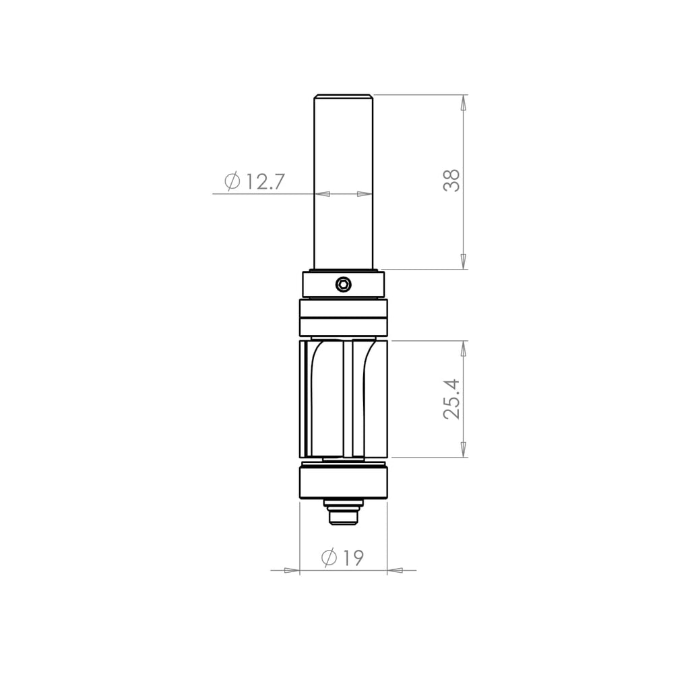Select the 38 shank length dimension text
point(451,181)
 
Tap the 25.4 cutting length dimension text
point(451,399)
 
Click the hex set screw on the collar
point(343,284)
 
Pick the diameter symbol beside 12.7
point(232,181)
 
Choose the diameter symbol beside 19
point(330,558)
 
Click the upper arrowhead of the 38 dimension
point(463,103)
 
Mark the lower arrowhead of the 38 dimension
point(463,261)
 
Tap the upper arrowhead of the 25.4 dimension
point(463,348)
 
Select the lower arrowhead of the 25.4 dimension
point(463,449)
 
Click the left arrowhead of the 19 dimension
point(291,570)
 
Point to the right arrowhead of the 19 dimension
point(396,570)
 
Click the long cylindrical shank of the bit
point(344,182)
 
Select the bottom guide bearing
point(344,482)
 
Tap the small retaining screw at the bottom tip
point(344,515)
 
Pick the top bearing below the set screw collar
point(344,317)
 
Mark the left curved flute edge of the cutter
point(313,377)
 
